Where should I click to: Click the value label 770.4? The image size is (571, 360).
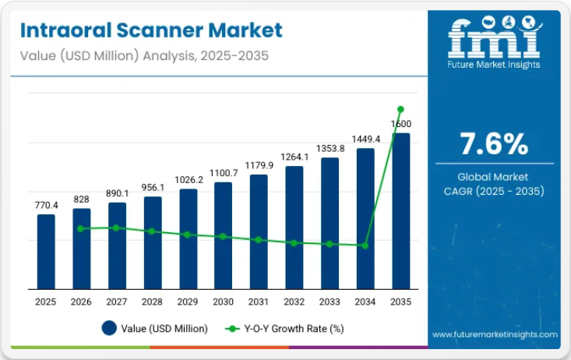[46, 205]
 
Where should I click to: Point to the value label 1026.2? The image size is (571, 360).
[188, 179]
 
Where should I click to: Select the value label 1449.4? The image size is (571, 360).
[365, 139]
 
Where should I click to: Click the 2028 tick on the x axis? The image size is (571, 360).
[153, 302]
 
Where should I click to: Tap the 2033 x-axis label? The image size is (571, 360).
[330, 302]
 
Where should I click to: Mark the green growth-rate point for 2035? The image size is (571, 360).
[400, 109]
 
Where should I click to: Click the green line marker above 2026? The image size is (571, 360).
[81, 228]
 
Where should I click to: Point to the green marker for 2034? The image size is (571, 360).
[365, 245]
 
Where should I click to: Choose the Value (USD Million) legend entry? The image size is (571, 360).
[155, 328]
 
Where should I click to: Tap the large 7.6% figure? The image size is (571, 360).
[494, 143]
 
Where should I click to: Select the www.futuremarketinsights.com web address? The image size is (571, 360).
[495, 335]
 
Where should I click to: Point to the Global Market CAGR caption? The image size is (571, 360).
[494, 184]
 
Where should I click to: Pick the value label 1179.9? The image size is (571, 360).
[259, 165]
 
